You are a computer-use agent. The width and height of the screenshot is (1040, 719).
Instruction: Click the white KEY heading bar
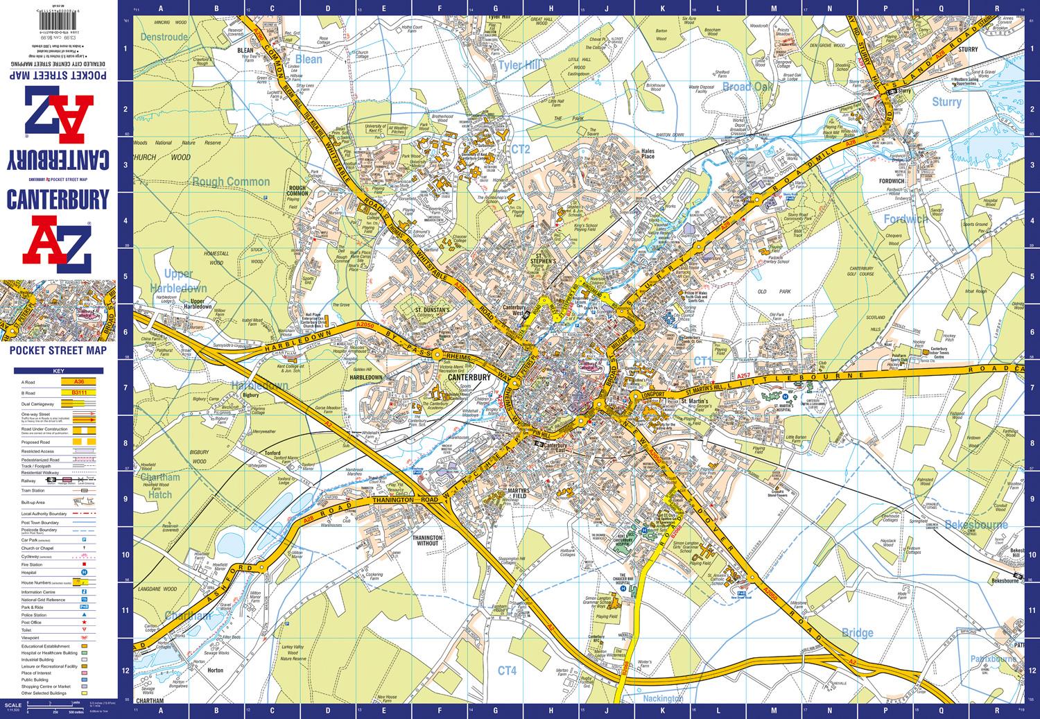pos(58,372)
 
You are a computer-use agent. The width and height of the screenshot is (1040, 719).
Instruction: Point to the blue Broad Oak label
pos(747,87)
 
